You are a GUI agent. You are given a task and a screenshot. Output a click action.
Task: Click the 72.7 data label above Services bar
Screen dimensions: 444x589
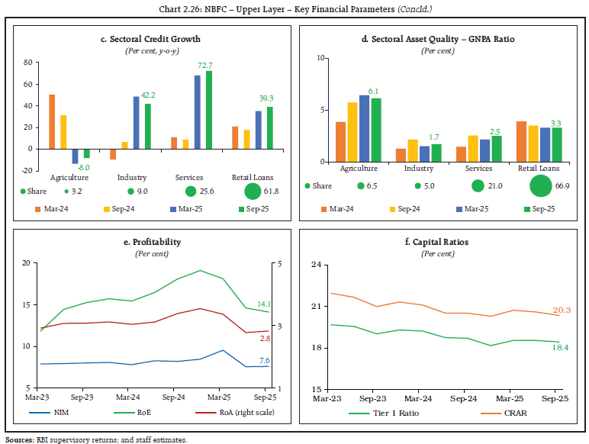pyautogui.click(x=204, y=66)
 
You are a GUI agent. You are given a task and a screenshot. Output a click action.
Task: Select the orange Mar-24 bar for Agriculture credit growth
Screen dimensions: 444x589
pyautogui.click(x=51, y=121)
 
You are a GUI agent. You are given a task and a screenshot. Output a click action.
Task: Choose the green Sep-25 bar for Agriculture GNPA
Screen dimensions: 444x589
pyautogui.click(x=375, y=130)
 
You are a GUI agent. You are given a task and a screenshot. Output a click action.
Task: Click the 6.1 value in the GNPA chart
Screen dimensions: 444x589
pyautogui.click(x=375, y=92)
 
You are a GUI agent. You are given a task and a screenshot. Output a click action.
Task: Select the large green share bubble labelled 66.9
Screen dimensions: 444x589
pyautogui.click(x=540, y=185)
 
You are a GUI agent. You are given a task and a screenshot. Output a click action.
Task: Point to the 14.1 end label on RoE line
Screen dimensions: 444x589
pyautogui.click(x=263, y=303)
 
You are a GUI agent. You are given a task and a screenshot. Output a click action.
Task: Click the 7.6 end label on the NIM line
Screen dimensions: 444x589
pyautogui.click(x=263, y=360)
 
